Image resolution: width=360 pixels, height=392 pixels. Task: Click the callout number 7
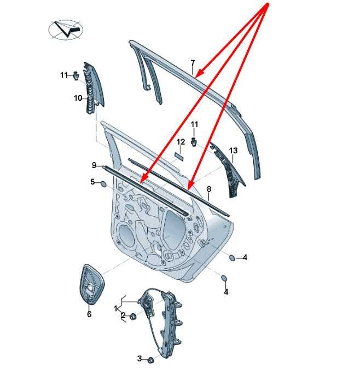coord(193,63)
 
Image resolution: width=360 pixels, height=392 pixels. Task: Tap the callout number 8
coord(209,189)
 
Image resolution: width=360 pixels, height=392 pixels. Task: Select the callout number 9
coord(94,165)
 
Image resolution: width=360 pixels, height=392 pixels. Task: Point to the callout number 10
coord(78,98)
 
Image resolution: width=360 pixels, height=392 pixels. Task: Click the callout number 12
coord(181,142)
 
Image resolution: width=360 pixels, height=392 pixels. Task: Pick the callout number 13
coord(233,151)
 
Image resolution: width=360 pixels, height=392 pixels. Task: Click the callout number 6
coord(89,314)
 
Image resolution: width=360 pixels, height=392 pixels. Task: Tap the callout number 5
coord(92,182)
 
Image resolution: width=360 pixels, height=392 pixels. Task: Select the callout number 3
coord(140,359)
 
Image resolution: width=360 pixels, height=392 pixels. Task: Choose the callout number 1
coord(115,308)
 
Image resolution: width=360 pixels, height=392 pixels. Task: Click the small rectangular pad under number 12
coord(179,157)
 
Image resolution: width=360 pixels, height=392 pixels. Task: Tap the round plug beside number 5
coord(103,185)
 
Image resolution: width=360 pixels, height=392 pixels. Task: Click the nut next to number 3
coord(150,360)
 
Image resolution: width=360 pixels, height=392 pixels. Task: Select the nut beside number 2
coord(133,316)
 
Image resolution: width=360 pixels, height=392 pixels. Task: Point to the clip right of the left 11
coord(76,75)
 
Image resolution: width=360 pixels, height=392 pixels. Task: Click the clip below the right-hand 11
coord(194,142)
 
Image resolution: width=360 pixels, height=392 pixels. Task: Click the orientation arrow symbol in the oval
coord(67,29)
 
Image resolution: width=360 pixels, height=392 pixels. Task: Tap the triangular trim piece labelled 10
coord(93,87)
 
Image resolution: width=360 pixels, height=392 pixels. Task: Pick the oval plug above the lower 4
coord(224,278)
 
